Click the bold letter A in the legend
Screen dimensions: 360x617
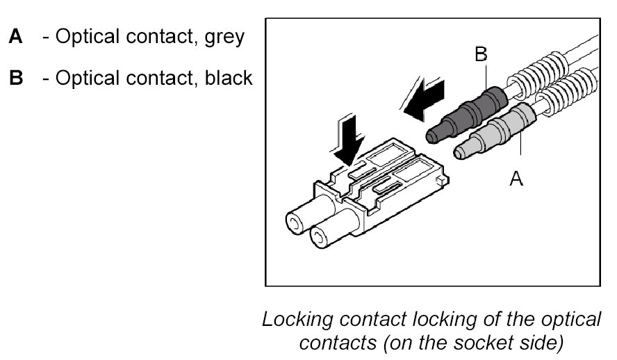pos(16,37)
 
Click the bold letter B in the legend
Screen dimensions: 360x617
pos(16,77)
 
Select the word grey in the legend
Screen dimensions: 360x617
pos(224,38)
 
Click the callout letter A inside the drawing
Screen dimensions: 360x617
pos(516,179)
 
